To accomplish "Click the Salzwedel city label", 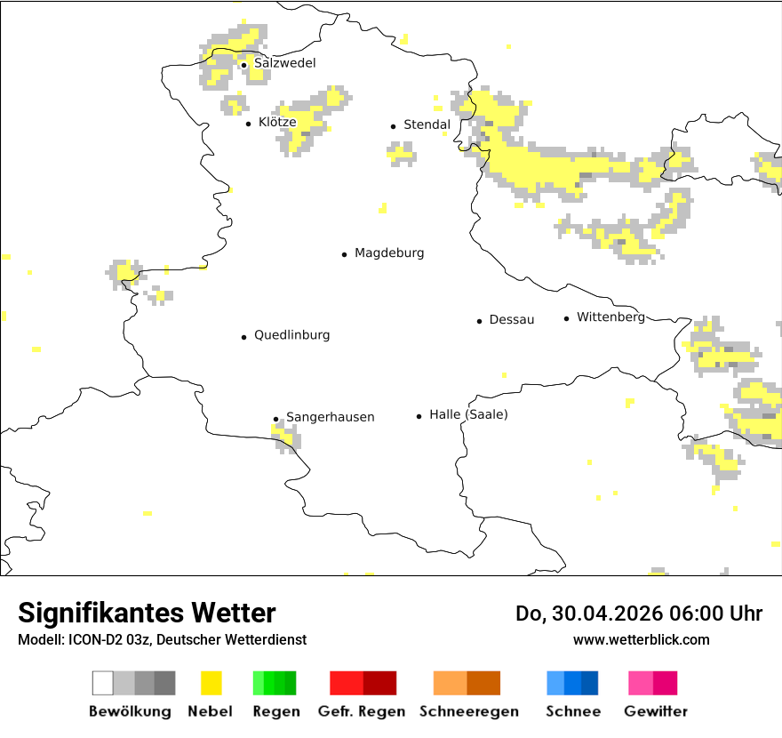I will (x=284, y=63).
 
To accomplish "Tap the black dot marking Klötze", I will (x=249, y=124).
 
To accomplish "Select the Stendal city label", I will (x=427, y=125).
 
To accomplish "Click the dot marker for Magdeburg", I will (x=345, y=254).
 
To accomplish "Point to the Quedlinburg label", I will (x=291, y=335).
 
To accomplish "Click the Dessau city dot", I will (x=479, y=321).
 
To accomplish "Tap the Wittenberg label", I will (x=610, y=317).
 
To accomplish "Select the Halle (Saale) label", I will (x=468, y=414).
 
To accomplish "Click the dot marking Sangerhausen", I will (x=275, y=419).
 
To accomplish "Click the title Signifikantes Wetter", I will (x=147, y=614).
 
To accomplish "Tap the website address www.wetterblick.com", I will (x=641, y=639).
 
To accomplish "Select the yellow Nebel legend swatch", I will (x=211, y=683).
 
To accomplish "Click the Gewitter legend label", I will (x=655, y=711).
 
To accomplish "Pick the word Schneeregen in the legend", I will (x=468, y=711).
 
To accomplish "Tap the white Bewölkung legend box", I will (x=103, y=683).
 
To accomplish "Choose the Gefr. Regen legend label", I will (x=363, y=711).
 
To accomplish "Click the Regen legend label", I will (x=275, y=711).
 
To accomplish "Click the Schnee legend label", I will (x=572, y=711).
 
